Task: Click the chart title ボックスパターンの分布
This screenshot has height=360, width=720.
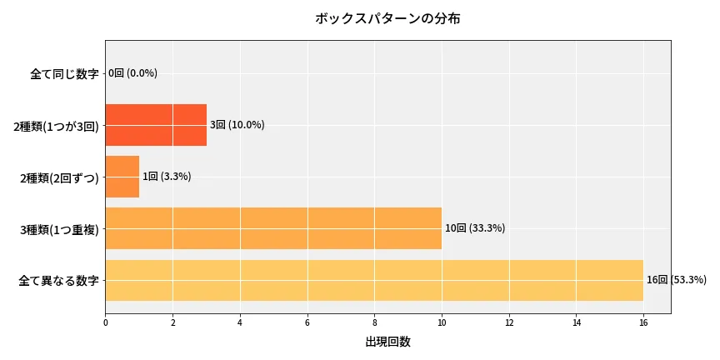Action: pyautogui.click(x=387, y=18)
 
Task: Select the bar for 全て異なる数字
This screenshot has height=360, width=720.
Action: pyautogui.click(x=374, y=280)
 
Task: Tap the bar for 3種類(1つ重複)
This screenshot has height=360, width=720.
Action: pyautogui.click(x=273, y=228)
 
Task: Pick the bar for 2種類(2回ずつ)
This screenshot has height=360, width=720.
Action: pyautogui.click(x=122, y=177)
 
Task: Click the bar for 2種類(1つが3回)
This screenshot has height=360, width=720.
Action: pyautogui.click(x=156, y=125)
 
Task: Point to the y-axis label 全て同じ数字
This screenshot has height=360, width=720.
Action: pyautogui.click(x=64, y=73)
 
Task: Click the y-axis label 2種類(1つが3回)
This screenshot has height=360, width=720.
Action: pyautogui.click(x=56, y=126)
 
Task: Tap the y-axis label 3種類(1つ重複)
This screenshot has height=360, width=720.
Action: pyautogui.click(x=59, y=229)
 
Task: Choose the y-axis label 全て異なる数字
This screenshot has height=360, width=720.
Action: pyautogui.click(x=58, y=281)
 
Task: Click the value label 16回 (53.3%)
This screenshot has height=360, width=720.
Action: pyautogui.click(x=677, y=280)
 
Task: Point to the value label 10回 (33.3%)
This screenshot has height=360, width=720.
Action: pyautogui.click(x=475, y=228)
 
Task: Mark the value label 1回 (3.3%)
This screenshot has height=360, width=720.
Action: pyautogui.click(x=167, y=177)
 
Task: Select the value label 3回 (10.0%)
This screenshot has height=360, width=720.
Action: pyautogui.click(x=237, y=125)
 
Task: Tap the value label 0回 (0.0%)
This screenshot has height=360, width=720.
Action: pyautogui.click(x=133, y=73)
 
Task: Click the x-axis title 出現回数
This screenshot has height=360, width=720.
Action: pyautogui.click(x=387, y=342)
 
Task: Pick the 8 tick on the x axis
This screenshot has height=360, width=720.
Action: pyautogui.click(x=374, y=321)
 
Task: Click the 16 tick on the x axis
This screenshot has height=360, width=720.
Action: pyautogui.click(x=643, y=321)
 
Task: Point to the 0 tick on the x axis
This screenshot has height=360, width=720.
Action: pyautogui.click(x=106, y=321)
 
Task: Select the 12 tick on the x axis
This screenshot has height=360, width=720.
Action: pyautogui.click(x=509, y=321)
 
